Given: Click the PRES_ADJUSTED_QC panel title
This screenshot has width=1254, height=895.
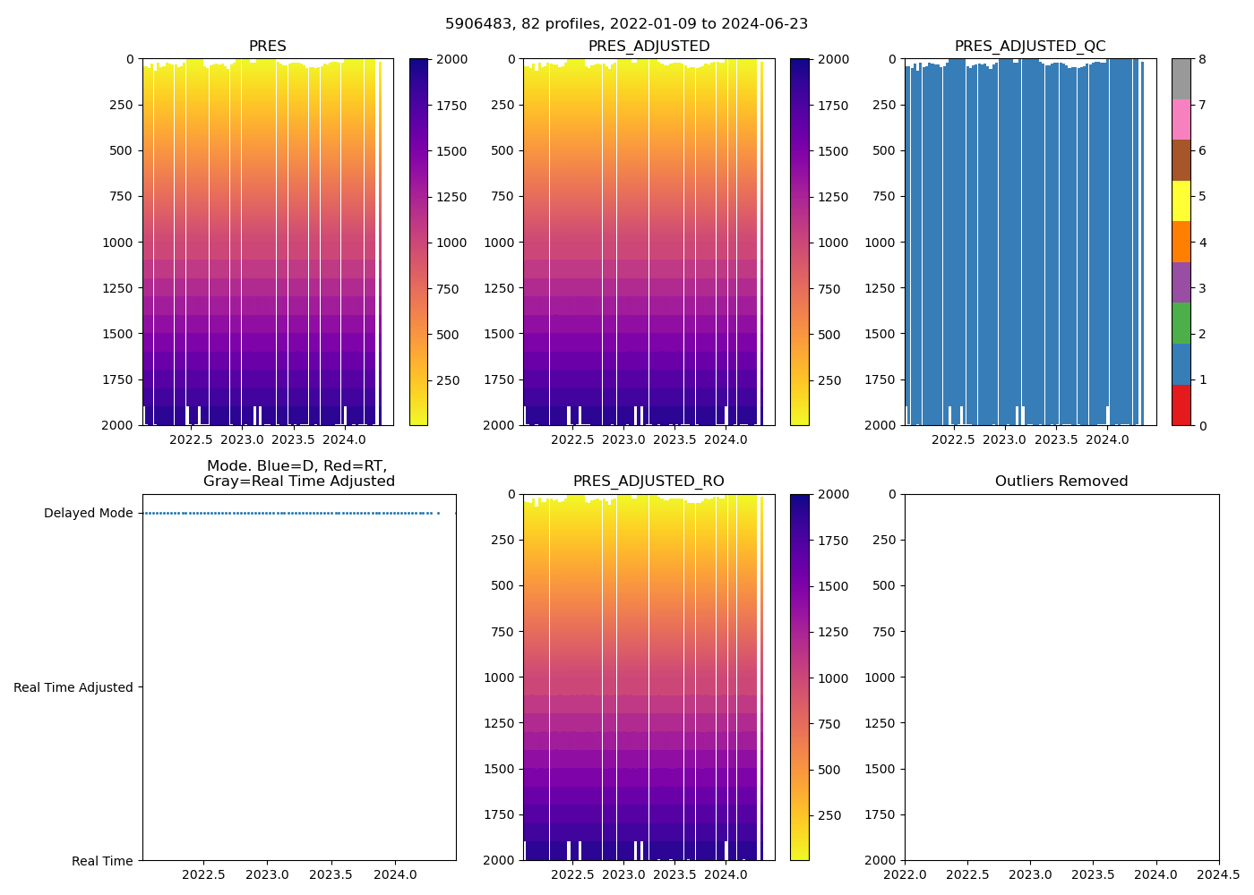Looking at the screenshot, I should click(1029, 47).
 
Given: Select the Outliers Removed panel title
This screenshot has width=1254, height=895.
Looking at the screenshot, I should click(1061, 482).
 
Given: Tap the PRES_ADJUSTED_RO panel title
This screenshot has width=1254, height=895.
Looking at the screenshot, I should click(648, 482).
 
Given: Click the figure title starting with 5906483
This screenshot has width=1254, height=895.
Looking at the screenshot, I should click(626, 24).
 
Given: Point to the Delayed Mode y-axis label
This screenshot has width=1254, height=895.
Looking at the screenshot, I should click(88, 514).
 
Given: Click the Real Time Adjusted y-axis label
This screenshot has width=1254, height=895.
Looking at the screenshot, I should click(73, 687).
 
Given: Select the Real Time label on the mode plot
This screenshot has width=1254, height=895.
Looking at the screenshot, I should click(102, 861).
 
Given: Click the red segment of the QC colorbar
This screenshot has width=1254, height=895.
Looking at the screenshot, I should click(1181, 405).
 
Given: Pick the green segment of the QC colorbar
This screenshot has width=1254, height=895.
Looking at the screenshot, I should click(1181, 323).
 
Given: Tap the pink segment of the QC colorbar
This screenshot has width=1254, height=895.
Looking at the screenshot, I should click(1181, 119).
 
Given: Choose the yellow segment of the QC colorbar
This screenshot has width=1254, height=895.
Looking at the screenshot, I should click(1181, 200).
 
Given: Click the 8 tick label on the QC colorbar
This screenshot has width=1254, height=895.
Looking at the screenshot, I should click(1203, 60).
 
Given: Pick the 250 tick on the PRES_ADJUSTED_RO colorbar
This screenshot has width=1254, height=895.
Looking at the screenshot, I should click(829, 815).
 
